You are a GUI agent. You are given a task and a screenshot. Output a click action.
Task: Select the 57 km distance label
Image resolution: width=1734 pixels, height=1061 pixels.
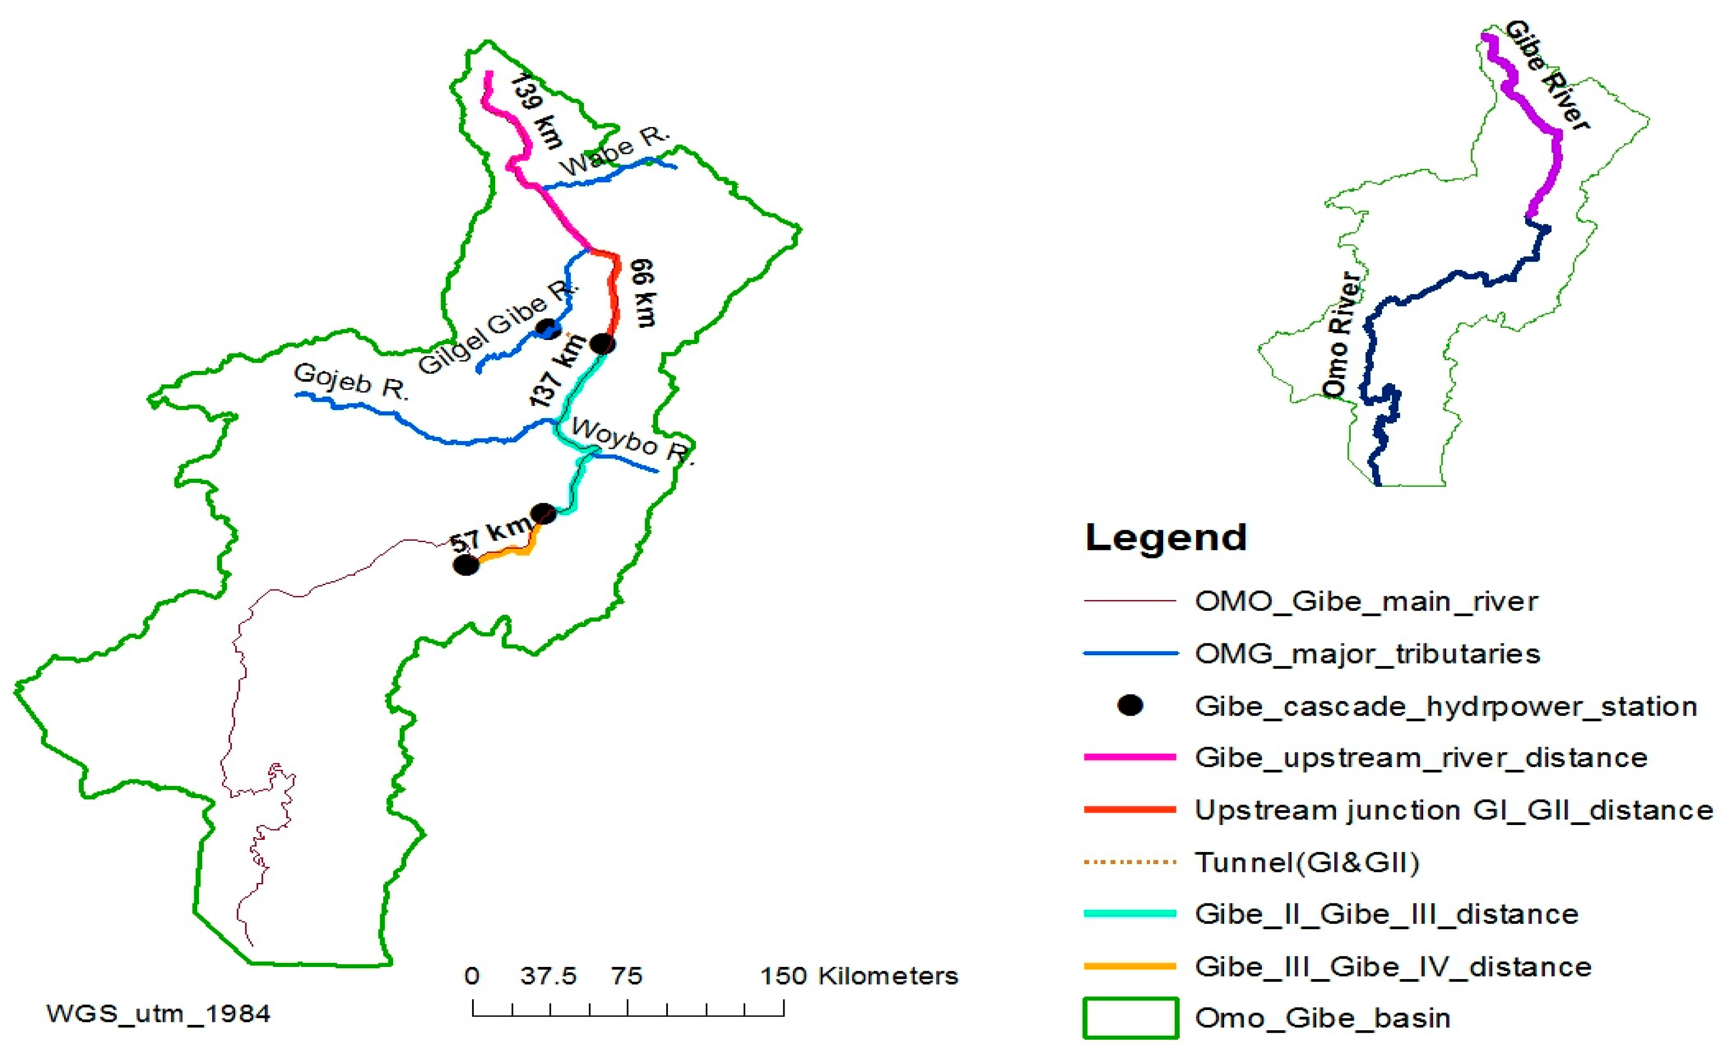[490, 535]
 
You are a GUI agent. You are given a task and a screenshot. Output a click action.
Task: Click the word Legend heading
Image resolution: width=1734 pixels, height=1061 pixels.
[1165, 538]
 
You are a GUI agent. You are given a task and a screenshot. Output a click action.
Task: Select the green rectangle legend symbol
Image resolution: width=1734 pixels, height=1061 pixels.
[1130, 1017]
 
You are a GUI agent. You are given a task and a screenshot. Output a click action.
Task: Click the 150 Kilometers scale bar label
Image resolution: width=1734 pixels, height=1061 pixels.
[859, 976]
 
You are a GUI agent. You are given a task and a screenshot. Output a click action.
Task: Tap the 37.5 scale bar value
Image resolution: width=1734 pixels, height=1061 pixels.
[548, 976]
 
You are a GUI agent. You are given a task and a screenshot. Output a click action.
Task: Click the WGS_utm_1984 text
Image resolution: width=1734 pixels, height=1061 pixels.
[159, 1014]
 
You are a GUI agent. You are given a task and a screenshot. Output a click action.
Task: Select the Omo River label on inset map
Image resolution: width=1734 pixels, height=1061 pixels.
[1341, 334]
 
